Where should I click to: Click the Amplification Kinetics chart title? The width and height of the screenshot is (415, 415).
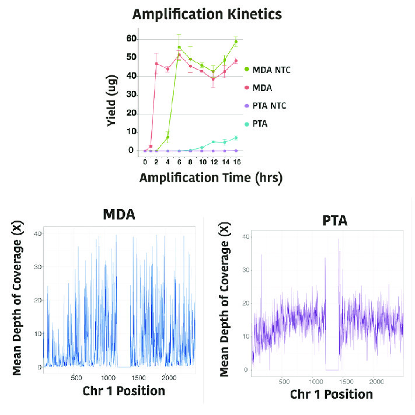click(207, 14)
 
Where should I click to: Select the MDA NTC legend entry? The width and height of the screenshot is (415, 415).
click(267, 70)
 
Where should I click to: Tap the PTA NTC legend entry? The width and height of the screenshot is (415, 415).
click(266, 106)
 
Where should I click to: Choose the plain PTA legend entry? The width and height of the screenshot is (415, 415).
click(256, 124)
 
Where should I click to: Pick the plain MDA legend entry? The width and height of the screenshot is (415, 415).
click(259, 88)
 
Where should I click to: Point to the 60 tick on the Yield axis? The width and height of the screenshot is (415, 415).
click(131, 39)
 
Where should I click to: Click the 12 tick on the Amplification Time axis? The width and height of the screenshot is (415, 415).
click(214, 162)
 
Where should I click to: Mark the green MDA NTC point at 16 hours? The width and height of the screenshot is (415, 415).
click(236, 42)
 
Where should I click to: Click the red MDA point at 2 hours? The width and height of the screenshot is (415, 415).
click(156, 64)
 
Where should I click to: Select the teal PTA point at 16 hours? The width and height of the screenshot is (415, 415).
click(236, 138)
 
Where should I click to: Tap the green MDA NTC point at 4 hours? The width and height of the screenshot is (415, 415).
click(168, 137)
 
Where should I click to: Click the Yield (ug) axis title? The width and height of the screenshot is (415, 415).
click(111, 100)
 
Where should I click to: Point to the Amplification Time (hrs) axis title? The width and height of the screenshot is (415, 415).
click(211, 178)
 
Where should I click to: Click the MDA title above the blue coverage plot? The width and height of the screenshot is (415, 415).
click(119, 214)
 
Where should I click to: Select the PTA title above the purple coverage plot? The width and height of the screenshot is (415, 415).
click(335, 221)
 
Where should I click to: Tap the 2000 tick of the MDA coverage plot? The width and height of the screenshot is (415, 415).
click(169, 378)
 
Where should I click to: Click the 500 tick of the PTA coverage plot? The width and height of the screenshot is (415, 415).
click(284, 382)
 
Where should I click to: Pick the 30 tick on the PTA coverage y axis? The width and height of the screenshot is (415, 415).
click(246, 270)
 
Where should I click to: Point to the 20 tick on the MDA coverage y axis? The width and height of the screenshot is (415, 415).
click(37, 301)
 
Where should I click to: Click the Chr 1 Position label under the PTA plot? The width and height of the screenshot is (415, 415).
click(332, 395)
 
